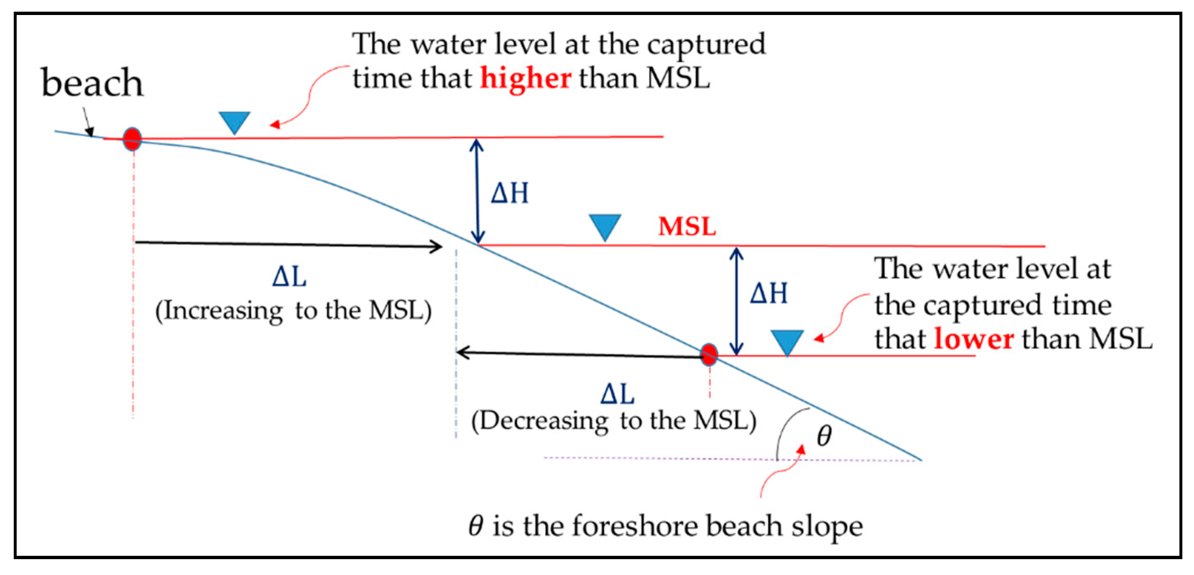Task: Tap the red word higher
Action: point(525,78)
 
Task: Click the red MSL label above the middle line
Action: point(687,226)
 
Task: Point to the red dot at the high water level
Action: point(132,139)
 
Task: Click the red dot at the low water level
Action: point(709,355)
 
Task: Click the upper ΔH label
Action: point(509,193)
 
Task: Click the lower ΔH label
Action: point(769,294)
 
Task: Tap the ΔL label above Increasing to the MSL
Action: point(289,278)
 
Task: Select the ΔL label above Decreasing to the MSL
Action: point(617,394)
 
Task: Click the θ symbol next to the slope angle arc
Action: point(824,436)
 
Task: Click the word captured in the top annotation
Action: point(706,45)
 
